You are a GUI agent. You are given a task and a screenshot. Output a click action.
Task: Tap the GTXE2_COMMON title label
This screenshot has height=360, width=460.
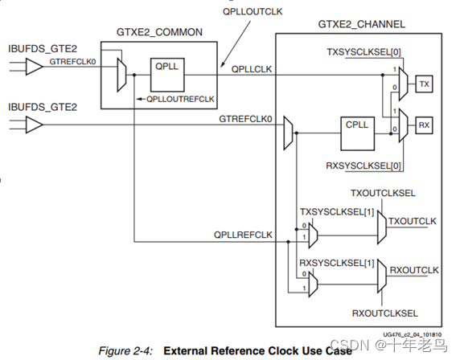point(159,32)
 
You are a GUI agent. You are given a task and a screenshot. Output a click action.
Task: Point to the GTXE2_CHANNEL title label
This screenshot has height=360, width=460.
point(361,24)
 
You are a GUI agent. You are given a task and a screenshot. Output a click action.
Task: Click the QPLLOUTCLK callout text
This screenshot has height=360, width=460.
point(253,11)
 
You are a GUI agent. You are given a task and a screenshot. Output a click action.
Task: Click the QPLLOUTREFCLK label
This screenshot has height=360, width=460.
point(180,99)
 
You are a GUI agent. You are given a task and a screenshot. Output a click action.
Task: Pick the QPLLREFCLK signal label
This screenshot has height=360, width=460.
point(243,235)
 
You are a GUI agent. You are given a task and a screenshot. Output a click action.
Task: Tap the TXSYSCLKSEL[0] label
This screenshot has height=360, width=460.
point(363,52)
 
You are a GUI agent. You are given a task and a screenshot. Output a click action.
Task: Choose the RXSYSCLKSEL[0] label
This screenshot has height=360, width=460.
point(363,166)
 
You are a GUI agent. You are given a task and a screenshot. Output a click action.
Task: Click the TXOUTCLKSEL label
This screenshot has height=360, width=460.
point(383,193)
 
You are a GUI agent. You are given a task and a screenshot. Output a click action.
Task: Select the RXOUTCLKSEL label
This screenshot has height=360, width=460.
point(385,313)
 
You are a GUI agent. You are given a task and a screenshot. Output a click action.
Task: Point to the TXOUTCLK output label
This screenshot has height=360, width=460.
point(413,221)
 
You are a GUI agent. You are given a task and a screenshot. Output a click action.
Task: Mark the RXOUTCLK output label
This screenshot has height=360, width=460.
point(413,270)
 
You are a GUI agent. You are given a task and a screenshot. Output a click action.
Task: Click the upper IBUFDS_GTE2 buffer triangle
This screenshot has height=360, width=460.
point(35,67)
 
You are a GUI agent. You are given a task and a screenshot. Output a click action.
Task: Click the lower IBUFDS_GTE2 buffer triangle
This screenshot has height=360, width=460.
point(35,125)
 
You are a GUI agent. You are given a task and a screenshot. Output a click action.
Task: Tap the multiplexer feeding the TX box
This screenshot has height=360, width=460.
point(404,84)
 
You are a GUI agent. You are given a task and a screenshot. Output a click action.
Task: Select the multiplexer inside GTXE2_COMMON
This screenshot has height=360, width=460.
point(121,75)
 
